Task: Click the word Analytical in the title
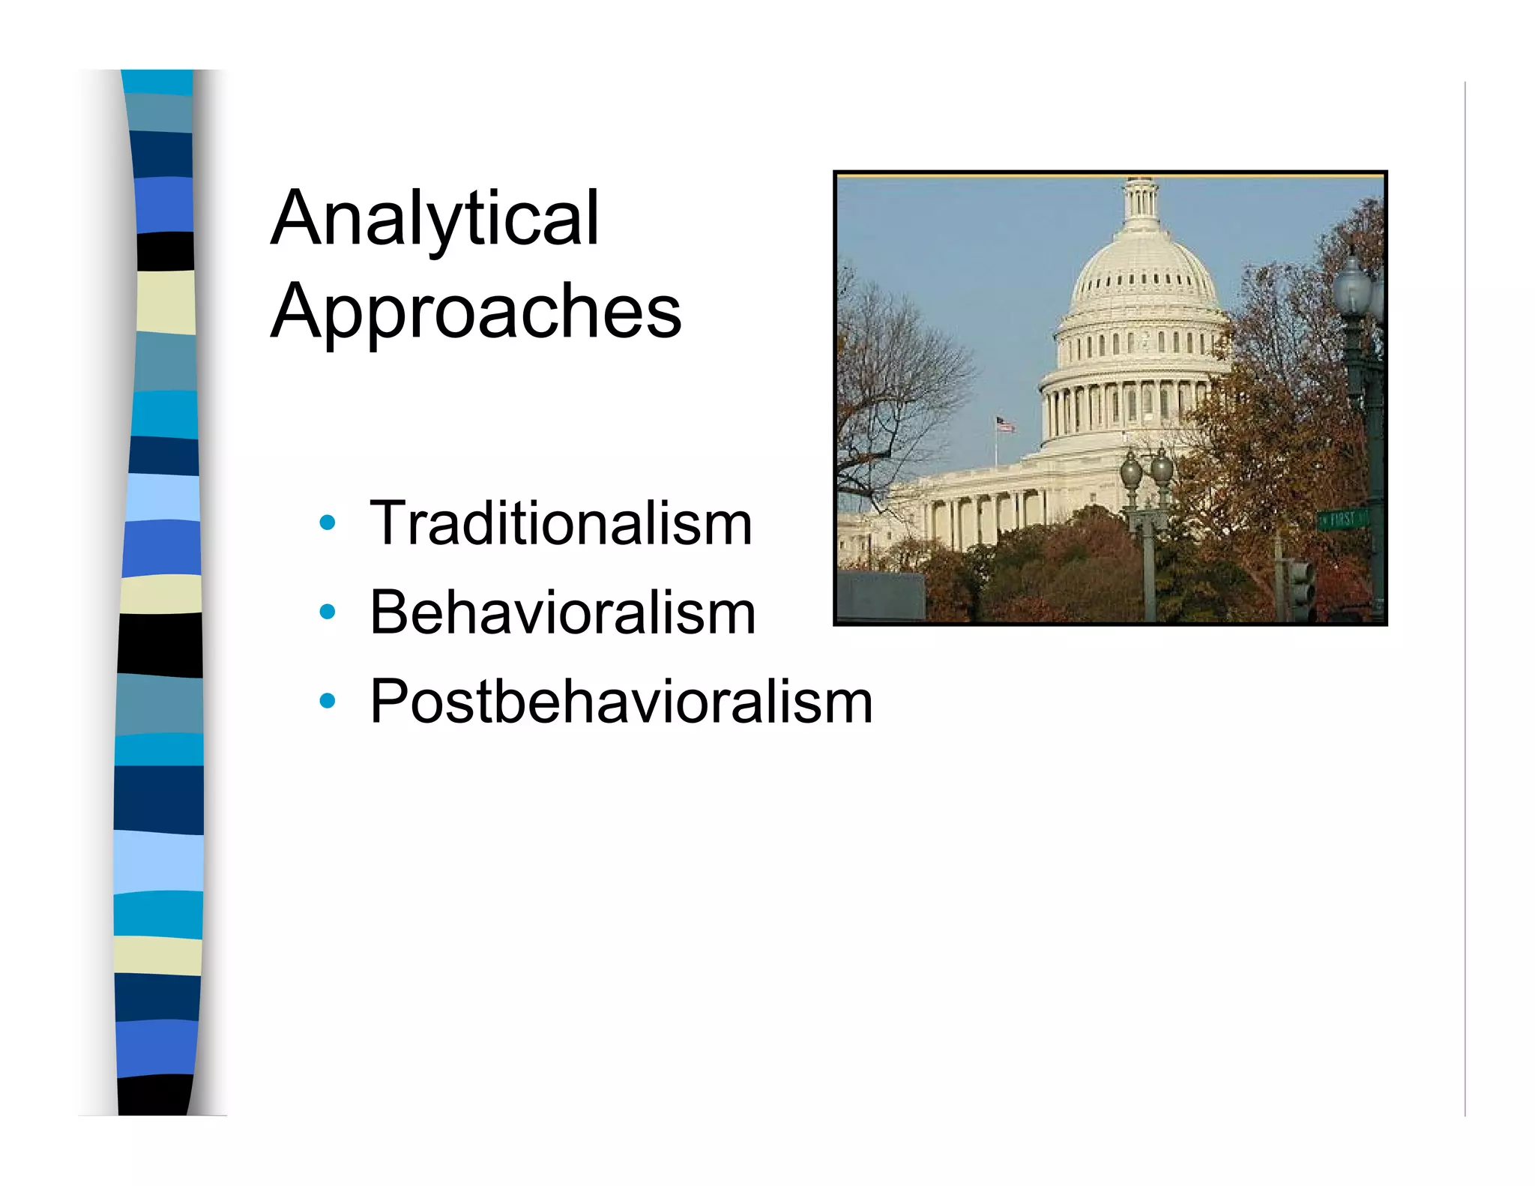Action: tap(435, 218)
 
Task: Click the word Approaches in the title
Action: tap(476, 310)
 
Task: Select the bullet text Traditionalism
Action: tap(561, 523)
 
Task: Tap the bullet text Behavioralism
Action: tap(562, 612)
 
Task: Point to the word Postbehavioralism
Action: tap(621, 702)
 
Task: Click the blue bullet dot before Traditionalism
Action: tap(327, 523)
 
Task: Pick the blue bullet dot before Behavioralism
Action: tap(327, 612)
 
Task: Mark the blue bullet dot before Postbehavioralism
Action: tap(327, 701)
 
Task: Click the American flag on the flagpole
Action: tap(1004, 424)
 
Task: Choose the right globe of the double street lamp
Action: tap(1161, 469)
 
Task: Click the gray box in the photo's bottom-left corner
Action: tap(880, 597)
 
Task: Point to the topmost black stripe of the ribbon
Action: tap(166, 251)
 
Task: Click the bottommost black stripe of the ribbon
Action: tap(156, 1095)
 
